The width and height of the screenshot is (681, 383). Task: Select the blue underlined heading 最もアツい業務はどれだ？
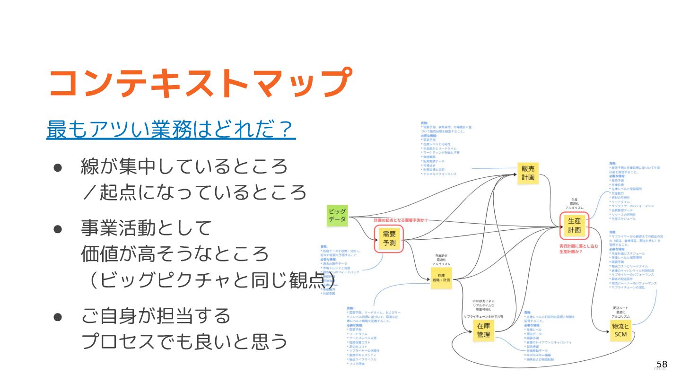tap(171, 130)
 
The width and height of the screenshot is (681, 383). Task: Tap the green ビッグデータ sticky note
tap(337, 215)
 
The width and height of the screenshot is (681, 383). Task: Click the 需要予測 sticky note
tap(389, 238)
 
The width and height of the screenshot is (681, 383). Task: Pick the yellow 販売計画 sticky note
tap(528, 173)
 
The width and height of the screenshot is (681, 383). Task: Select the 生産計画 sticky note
tap(574, 226)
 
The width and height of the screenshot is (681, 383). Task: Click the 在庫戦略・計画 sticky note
tap(441, 278)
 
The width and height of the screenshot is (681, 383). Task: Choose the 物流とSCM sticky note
tap(620, 331)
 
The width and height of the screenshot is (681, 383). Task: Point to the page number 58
tap(662, 364)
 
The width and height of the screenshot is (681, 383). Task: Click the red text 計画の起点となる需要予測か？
tap(404, 220)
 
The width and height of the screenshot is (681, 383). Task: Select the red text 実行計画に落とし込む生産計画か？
tap(578, 249)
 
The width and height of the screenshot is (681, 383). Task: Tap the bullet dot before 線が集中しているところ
tap(58, 167)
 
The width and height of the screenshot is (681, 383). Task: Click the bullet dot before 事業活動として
tap(58, 229)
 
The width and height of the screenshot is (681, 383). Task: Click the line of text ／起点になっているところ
tap(194, 192)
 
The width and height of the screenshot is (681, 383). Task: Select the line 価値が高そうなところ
tap(175, 255)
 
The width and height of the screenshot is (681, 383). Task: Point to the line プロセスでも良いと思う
tap(184, 341)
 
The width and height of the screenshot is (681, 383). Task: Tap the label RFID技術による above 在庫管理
tap(482, 301)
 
